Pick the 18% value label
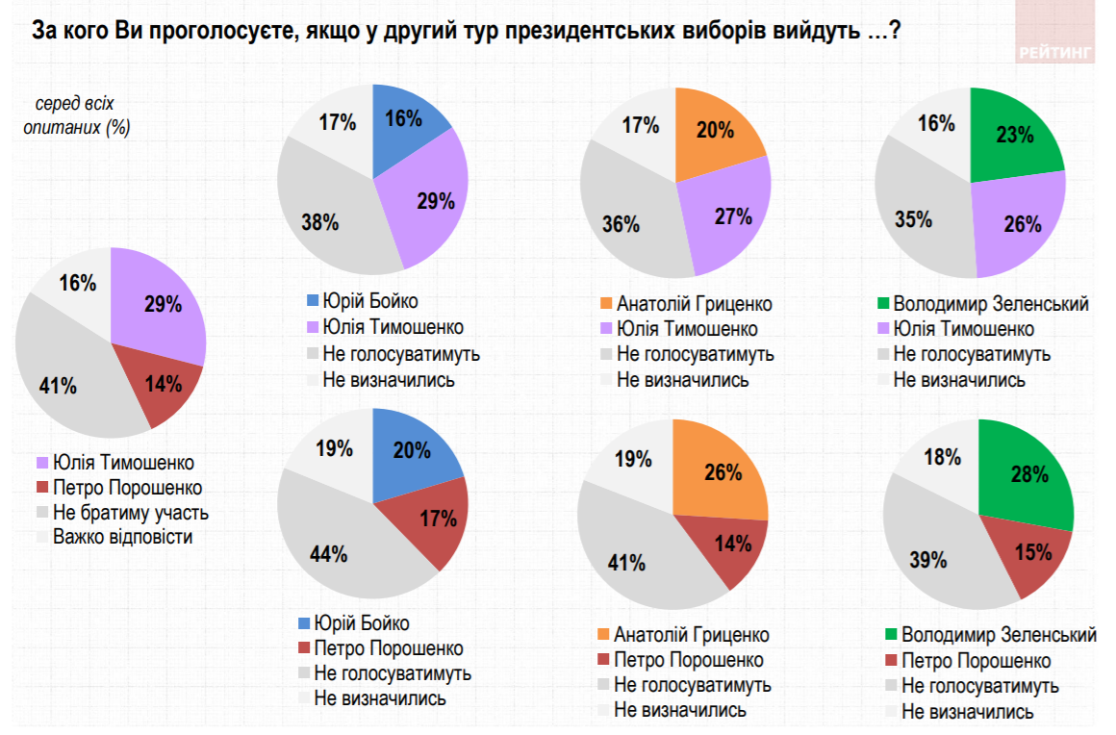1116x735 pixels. pyautogui.click(x=935, y=456)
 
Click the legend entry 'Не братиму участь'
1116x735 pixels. pyautogui.click(x=130, y=512)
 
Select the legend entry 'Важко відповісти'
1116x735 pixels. pyautogui.click(x=122, y=536)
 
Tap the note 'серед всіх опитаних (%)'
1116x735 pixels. pyautogui.click(x=76, y=114)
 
